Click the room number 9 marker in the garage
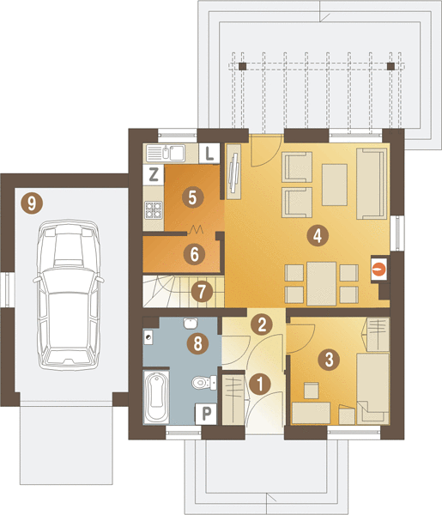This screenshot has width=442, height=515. coord(32,203)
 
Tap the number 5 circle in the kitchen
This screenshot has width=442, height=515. coord(192,197)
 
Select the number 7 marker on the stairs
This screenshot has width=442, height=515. coord(202,291)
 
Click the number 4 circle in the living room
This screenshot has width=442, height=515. coord(318,235)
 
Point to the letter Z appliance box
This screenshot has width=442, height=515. coord(154,174)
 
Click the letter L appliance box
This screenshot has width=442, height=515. coord(209,153)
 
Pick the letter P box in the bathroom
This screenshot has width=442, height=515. coord(206,414)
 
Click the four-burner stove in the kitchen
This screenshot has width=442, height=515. coord(154,210)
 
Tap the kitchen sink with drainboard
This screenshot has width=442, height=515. coord(165,153)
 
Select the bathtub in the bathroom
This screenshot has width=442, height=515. coord(156,397)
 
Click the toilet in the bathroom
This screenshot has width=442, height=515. coord(203,383)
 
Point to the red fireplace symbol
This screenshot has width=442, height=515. coord(379,270)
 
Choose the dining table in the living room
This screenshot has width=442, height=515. coord(322,283)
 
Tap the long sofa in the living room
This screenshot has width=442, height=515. coord(372,184)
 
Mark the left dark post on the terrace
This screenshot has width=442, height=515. coord(242,66)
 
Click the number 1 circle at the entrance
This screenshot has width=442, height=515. coord(260,384)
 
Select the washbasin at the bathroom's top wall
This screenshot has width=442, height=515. coord(191,324)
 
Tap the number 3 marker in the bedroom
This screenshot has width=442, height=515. coord(329,360)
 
